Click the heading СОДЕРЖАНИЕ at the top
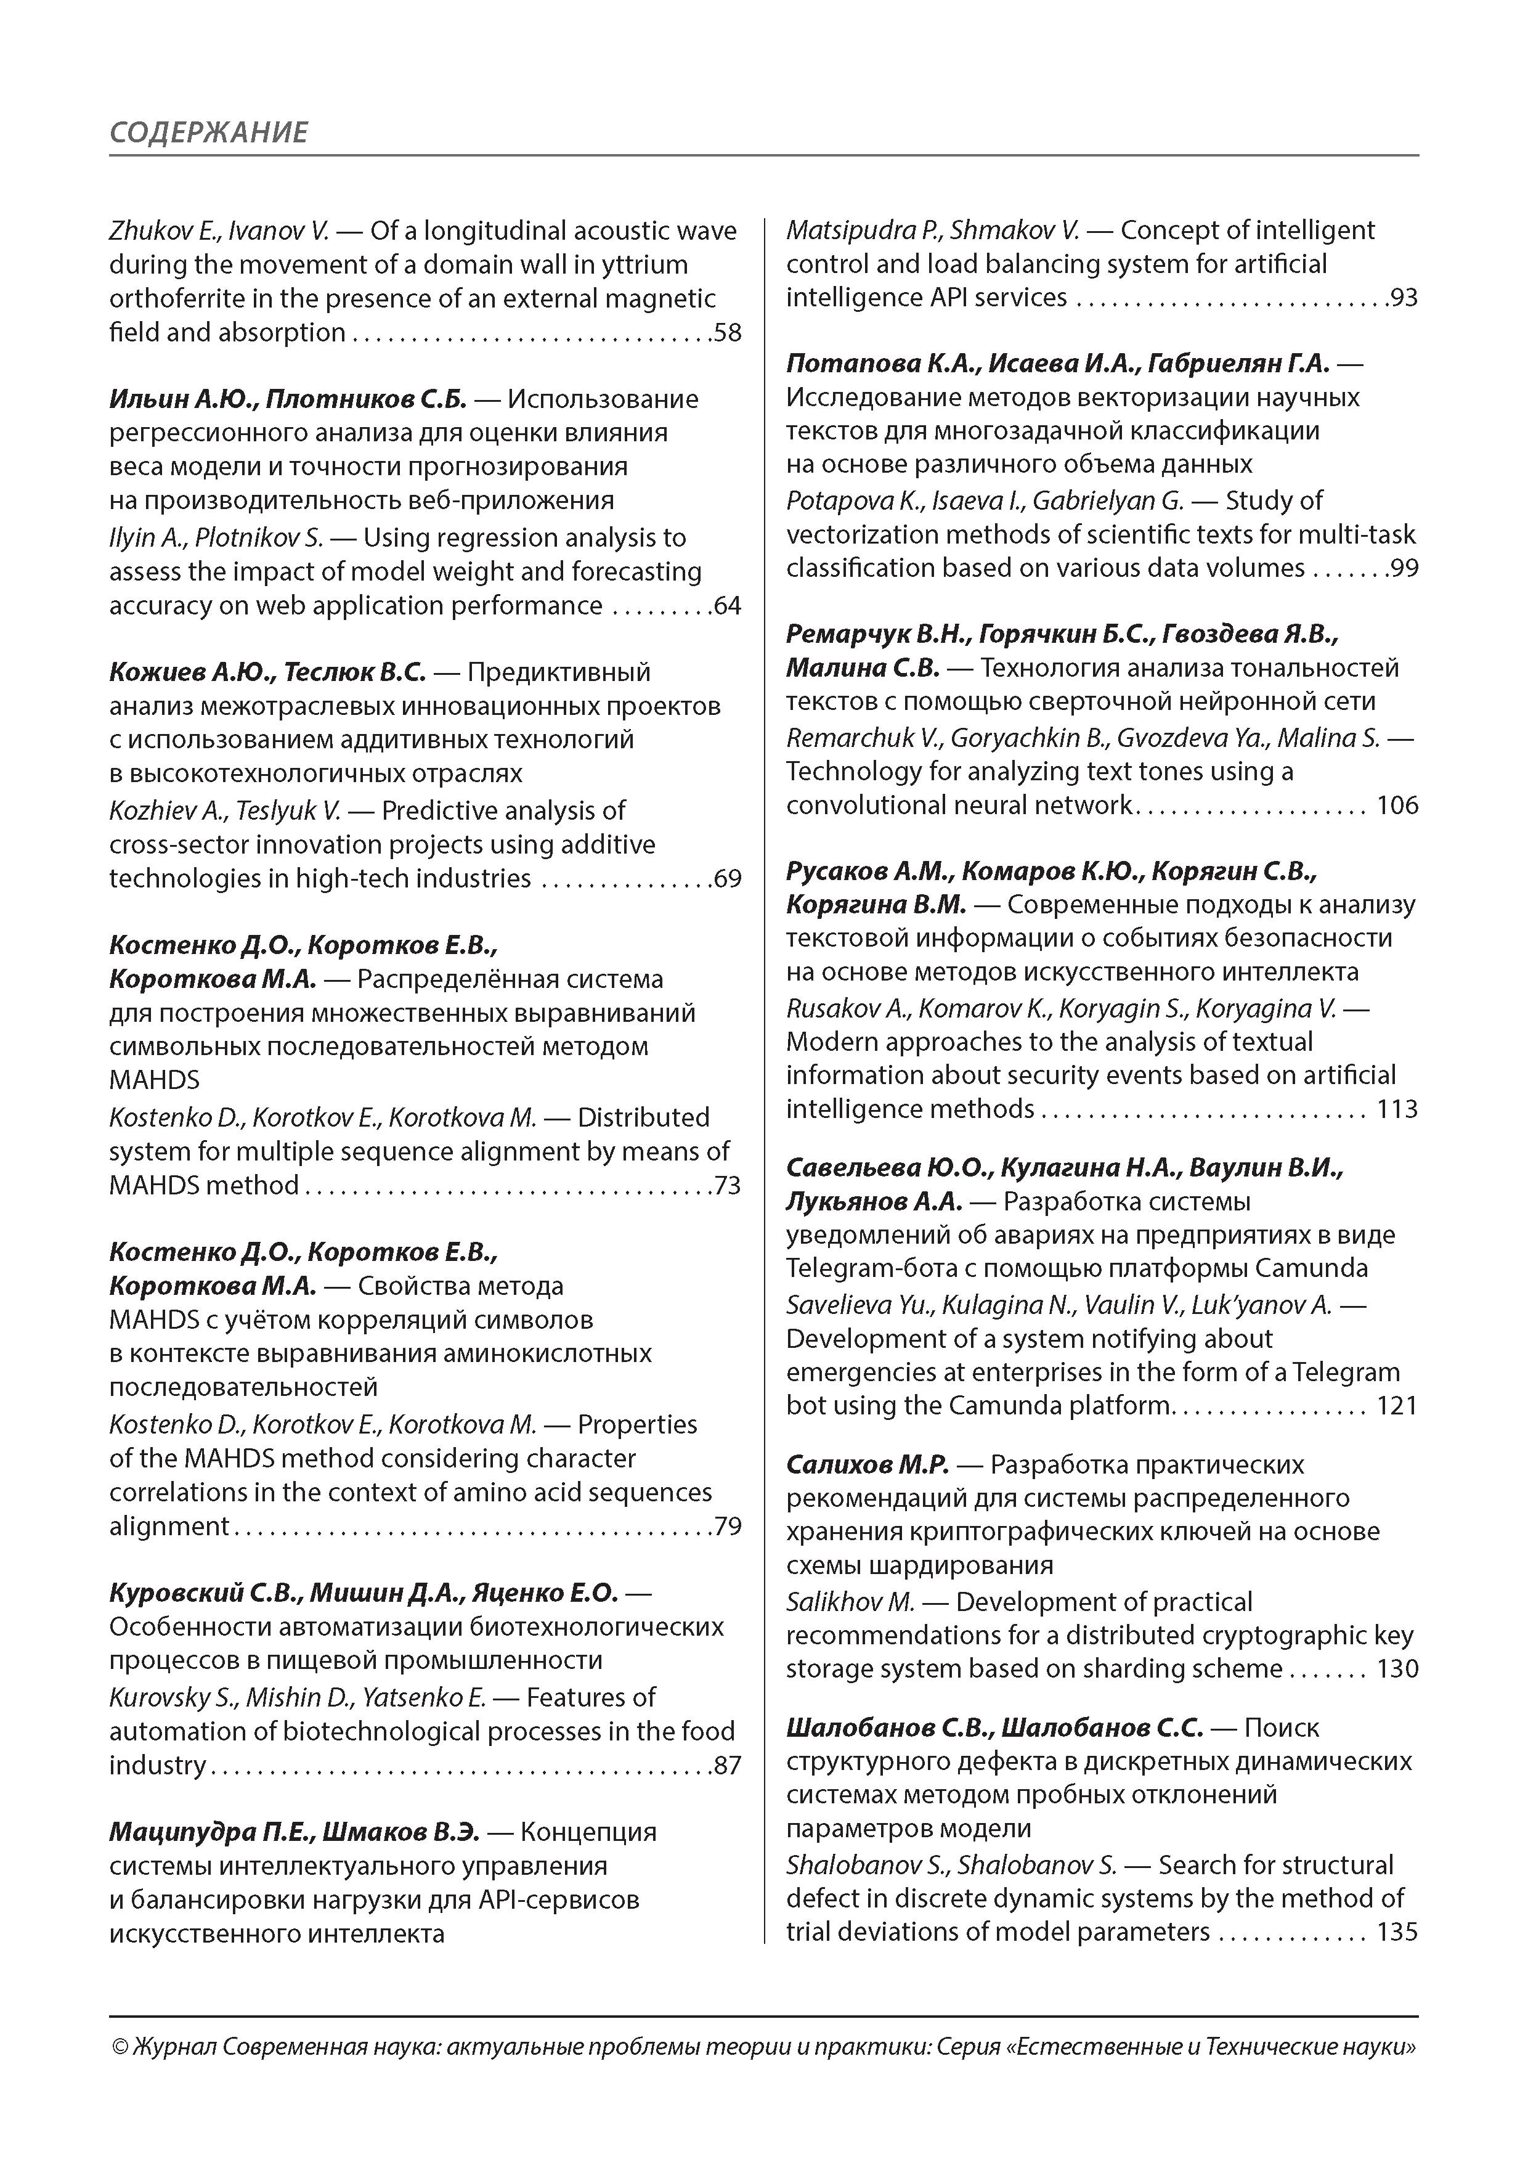point(208,132)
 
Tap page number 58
point(728,333)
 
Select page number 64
point(728,606)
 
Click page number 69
point(728,879)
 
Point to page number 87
point(728,1766)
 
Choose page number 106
point(1397,806)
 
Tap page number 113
point(1397,1110)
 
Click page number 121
point(1397,1407)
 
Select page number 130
point(1397,1670)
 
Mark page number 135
point(1397,1932)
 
